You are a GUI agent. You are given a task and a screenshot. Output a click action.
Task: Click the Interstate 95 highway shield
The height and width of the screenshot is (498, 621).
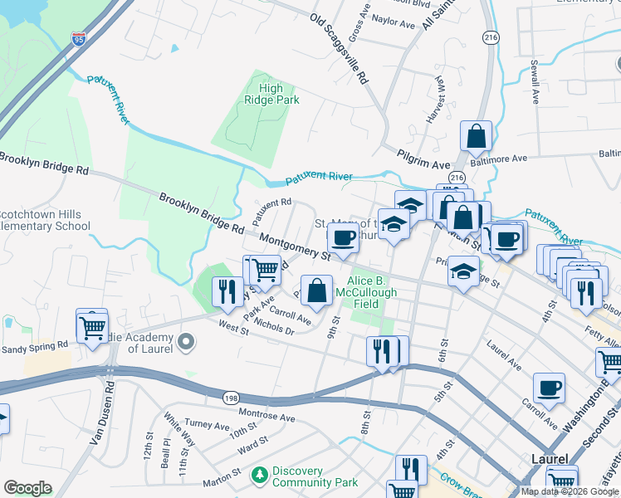click(x=79, y=38)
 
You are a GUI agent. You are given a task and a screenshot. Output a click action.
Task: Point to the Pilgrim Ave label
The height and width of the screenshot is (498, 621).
click(x=423, y=154)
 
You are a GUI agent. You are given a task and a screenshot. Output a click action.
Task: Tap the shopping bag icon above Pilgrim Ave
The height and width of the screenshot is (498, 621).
click(x=477, y=136)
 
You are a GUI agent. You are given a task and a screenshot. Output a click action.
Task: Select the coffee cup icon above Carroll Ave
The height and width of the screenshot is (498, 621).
click(x=549, y=388)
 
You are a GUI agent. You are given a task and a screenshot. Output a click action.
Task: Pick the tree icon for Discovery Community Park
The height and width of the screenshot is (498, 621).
click(x=259, y=473)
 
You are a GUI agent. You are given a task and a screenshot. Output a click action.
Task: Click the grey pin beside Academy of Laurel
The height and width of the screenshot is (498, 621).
click(x=187, y=341)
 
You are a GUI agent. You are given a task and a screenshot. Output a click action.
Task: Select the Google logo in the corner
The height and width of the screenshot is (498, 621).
click(x=27, y=487)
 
